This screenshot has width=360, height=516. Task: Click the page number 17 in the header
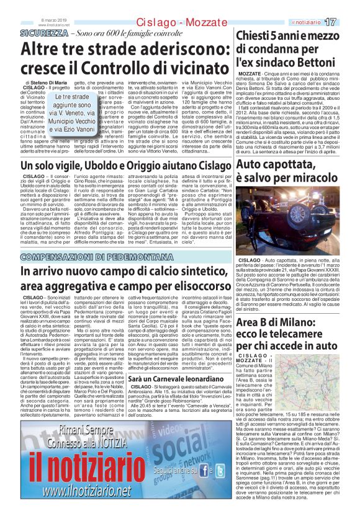tap(348, 22)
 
